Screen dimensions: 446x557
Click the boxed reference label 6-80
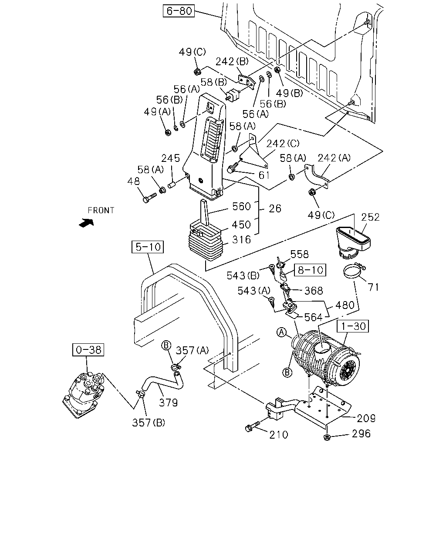click(179, 11)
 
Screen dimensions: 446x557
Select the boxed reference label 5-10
click(148, 247)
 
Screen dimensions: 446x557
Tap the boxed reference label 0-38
click(88, 350)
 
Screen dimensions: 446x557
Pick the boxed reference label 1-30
click(352, 326)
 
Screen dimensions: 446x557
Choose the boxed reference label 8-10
click(310, 270)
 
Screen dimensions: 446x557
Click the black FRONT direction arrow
click(86, 223)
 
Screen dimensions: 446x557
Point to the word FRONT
click(101, 210)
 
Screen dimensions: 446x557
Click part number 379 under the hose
click(168, 403)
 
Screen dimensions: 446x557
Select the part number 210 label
click(279, 435)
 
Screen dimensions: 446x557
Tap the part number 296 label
click(361, 433)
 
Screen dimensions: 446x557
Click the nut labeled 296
click(327, 437)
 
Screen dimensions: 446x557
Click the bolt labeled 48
click(149, 198)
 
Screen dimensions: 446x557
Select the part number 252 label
click(370, 217)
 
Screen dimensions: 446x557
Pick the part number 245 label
click(171, 158)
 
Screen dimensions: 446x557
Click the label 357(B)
click(149, 423)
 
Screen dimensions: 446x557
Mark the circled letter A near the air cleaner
click(282, 332)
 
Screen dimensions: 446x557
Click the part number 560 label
click(241, 206)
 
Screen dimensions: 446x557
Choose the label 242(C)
click(283, 143)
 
